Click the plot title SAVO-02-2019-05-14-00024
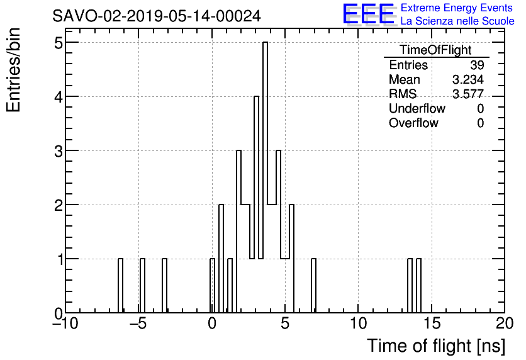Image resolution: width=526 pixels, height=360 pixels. click(x=157, y=16)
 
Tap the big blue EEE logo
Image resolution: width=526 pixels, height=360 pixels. click(x=368, y=14)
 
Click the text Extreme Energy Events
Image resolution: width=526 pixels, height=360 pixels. click(x=457, y=8)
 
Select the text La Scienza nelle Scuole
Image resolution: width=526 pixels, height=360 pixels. click(x=457, y=21)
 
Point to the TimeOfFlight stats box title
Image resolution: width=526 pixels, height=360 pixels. click(x=435, y=50)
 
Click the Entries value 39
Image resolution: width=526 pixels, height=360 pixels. click(x=476, y=65)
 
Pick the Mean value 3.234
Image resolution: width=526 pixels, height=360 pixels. click(x=467, y=80)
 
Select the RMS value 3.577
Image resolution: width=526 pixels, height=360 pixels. click(x=467, y=94)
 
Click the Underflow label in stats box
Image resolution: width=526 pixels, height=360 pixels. click(x=417, y=108)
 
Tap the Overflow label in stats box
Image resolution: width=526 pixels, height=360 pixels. click(x=413, y=123)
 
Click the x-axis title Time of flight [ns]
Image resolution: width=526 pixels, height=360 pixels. click(x=435, y=346)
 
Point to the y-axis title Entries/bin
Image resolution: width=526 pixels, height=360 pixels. click(x=14, y=70)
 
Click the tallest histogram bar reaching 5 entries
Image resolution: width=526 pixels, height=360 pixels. click(x=266, y=176)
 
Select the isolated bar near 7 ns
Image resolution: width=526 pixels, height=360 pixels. click(x=313, y=286)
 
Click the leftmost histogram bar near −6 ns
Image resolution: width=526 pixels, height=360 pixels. click(x=120, y=286)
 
